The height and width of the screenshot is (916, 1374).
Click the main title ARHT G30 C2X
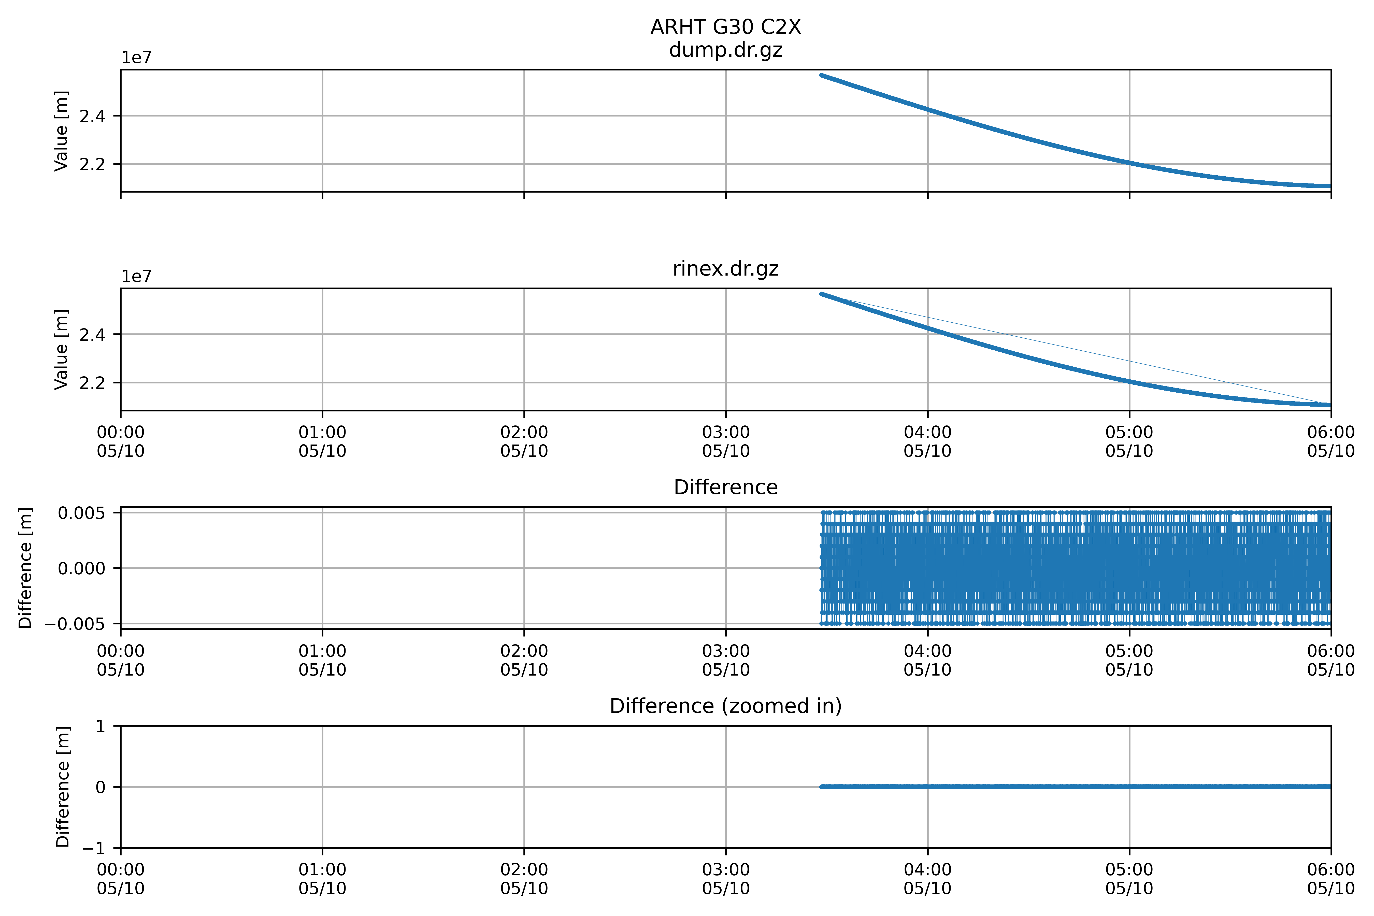(x=726, y=27)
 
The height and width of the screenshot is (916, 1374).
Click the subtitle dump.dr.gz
(x=726, y=50)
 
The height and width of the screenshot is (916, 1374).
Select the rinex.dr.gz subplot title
(x=726, y=269)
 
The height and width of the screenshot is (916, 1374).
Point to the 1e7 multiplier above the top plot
(x=136, y=58)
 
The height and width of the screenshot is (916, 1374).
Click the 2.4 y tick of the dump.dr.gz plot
(x=92, y=116)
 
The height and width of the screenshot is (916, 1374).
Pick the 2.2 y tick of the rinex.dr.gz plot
(x=92, y=383)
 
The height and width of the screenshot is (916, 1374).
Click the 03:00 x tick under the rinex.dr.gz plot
(x=726, y=442)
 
